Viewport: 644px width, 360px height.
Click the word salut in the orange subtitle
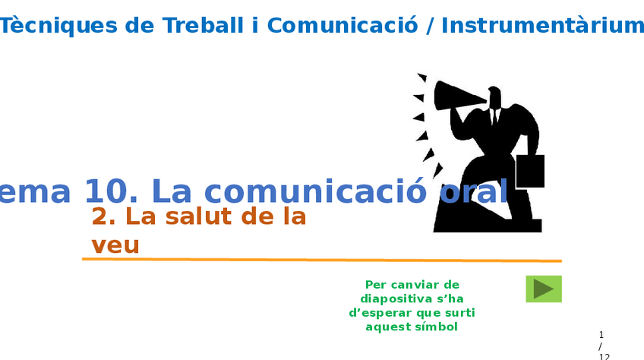point(200,216)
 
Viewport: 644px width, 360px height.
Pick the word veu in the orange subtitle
point(115,246)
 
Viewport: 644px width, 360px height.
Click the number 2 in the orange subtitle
point(102,216)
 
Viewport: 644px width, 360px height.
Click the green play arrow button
point(543,289)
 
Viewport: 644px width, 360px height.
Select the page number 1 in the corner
point(601,335)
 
